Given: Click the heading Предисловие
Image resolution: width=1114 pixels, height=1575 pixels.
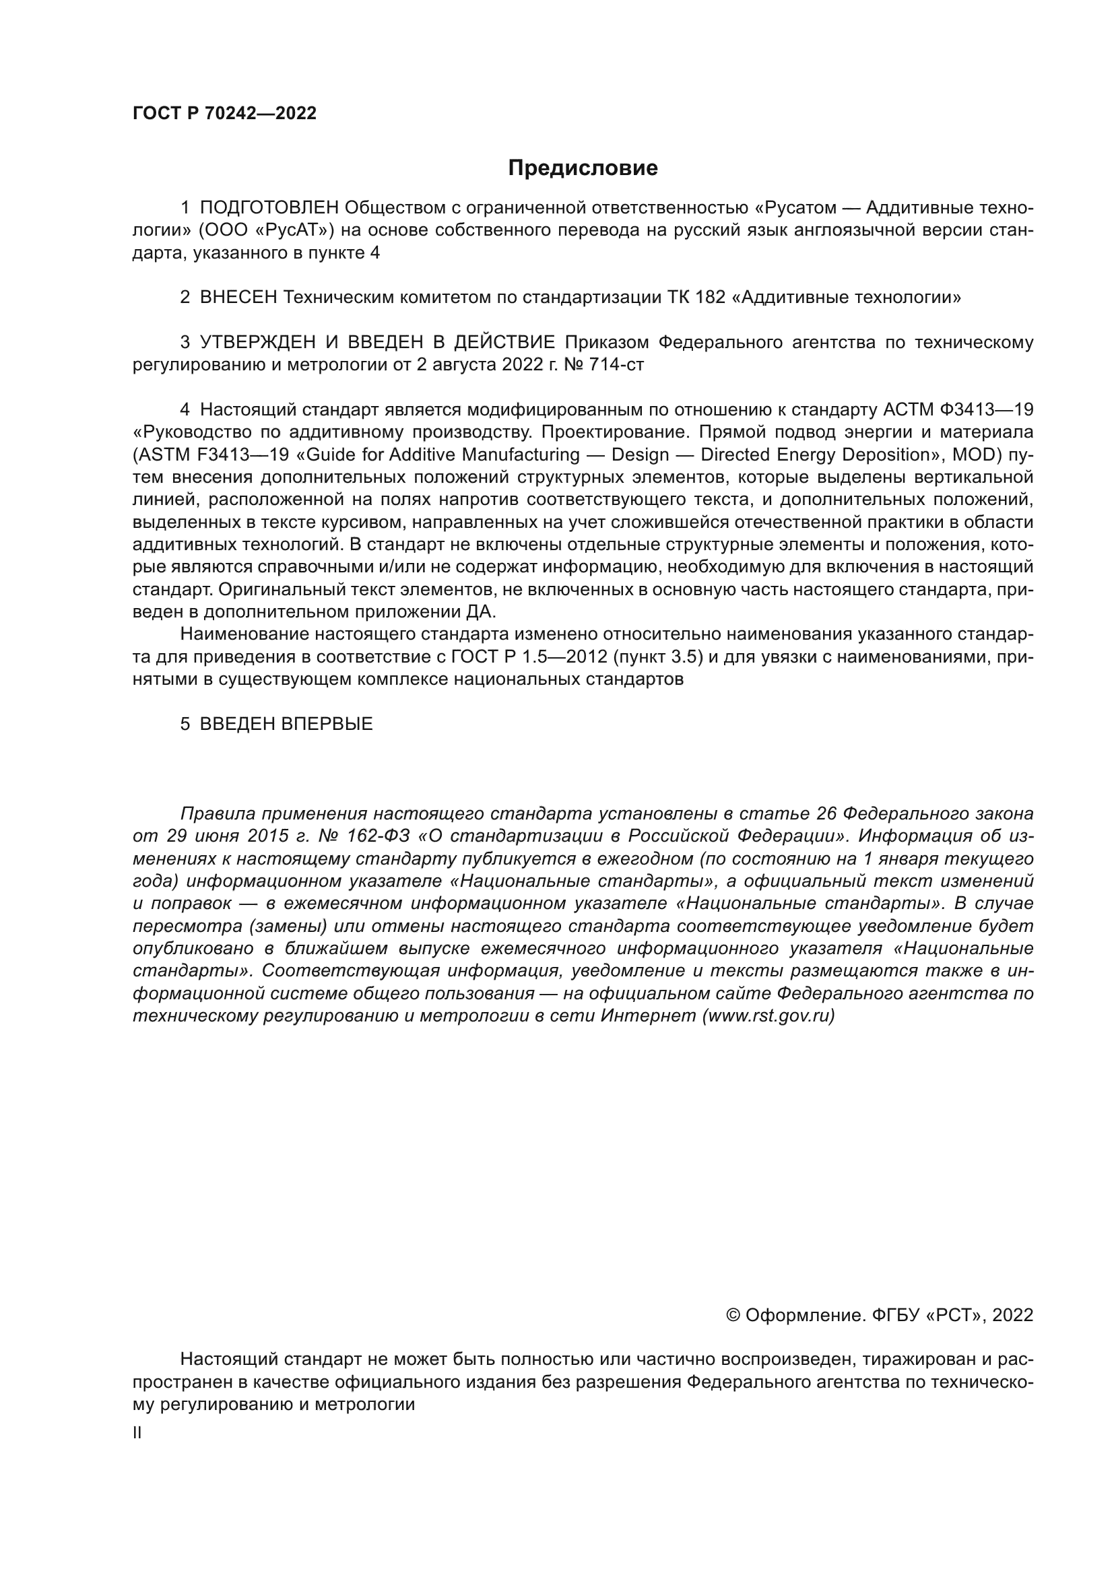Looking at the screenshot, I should click(583, 168).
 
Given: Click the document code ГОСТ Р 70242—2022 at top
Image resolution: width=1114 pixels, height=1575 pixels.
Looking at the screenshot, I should click(224, 114).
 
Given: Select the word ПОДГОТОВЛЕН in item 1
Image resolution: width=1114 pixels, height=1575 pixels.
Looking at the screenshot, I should click(269, 208).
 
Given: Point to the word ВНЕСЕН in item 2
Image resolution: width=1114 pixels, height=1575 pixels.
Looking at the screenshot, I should click(238, 298).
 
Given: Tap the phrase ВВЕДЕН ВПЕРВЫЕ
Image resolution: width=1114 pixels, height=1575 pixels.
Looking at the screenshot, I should click(286, 725).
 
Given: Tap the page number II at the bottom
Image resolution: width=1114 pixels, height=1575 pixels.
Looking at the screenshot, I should click(137, 1433).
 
